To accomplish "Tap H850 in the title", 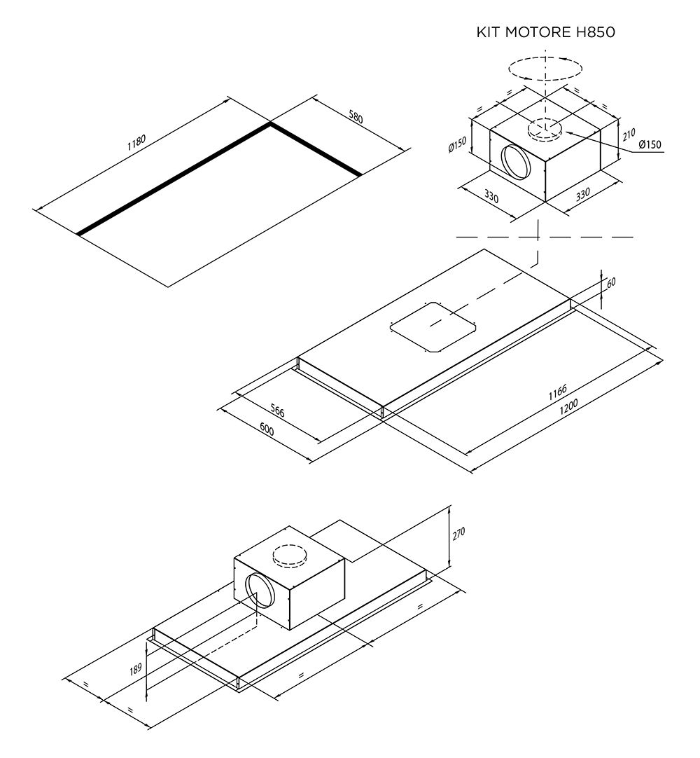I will coord(594,33).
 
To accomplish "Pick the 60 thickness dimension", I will coord(610,283).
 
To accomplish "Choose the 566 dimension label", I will coord(277,411).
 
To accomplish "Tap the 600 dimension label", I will coord(265,429).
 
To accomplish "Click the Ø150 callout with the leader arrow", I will coord(650,145).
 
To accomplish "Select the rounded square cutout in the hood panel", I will coord(431,327).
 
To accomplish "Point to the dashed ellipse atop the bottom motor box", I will coord(289,555).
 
